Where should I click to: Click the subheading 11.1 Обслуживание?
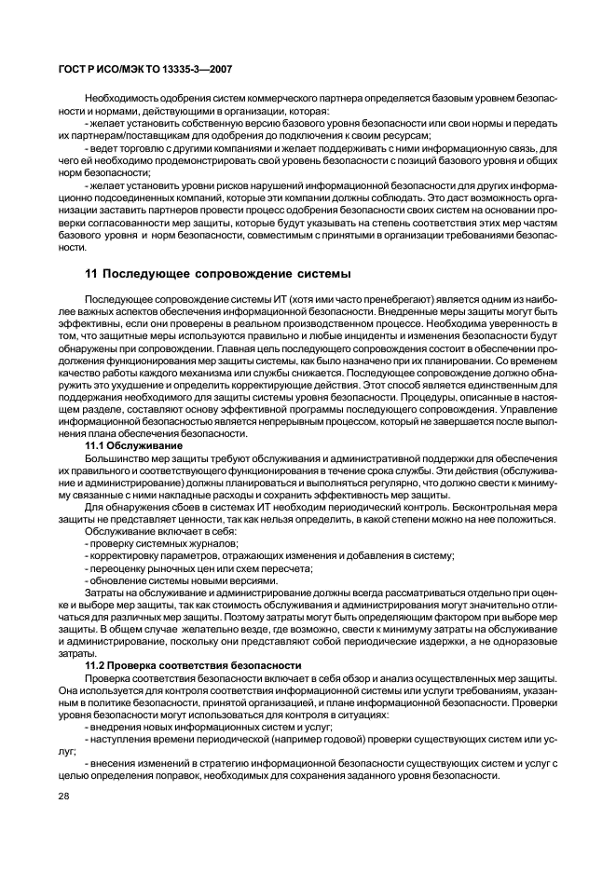pos(133,446)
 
